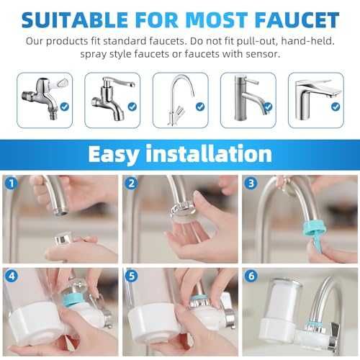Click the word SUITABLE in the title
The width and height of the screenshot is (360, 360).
pyautogui.click(x=74, y=20)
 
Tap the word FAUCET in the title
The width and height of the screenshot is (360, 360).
pyautogui.click(x=297, y=20)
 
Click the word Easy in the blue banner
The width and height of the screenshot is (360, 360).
pyautogui.click(x=114, y=155)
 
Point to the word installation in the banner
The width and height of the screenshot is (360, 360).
pyautogui.click(x=209, y=153)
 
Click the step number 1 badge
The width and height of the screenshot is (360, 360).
pyautogui.click(x=11, y=184)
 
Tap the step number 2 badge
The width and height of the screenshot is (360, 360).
pyautogui.click(x=131, y=184)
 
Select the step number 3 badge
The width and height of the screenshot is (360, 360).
pyautogui.click(x=251, y=184)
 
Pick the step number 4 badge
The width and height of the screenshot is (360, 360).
pyautogui.click(x=12, y=276)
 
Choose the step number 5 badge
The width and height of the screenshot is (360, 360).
pyautogui.click(x=131, y=276)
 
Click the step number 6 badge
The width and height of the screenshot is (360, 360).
pyautogui.click(x=251, y=276)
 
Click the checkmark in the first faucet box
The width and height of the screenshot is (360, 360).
pyautogui.click(x=64, y=107)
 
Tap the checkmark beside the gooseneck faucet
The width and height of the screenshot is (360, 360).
pyautogui.click(x=200, y=107)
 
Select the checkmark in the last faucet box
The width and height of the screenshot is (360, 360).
pyautogui.click(x=336, y=107)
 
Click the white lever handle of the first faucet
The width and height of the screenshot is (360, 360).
pyautogui.click(x=58, y=83)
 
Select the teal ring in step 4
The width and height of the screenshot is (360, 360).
pyautogui.click(x=73, y=300)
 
